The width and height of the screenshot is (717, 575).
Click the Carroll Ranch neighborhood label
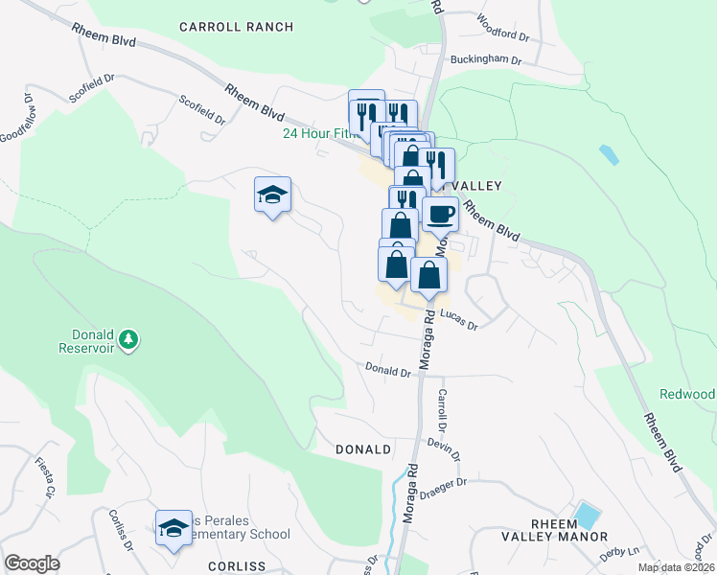[x=237, y=27]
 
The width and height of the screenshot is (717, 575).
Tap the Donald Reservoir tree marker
[x=127, y=339]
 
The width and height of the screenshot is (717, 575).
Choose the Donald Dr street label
[x=387, y=369]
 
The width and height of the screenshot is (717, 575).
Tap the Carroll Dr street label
[x=443, y=407]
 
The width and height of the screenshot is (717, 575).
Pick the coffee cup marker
[x=440, y=214]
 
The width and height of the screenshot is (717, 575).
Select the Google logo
[x=32, y=563]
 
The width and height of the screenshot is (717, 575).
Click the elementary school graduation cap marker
[x=173, y=526]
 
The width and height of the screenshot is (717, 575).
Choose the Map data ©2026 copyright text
[x=677, y=567]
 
